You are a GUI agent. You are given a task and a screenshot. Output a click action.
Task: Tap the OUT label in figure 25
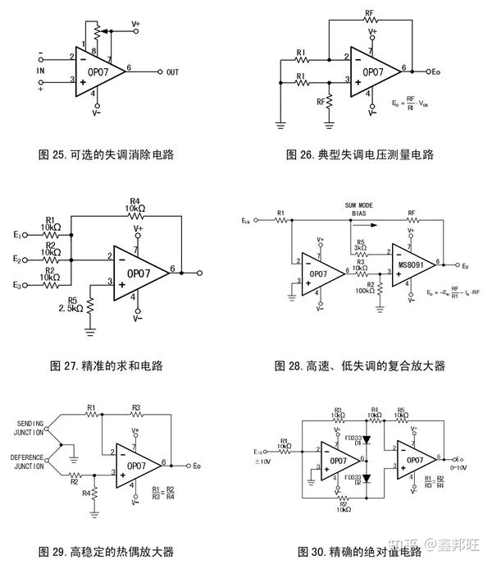(171, 71)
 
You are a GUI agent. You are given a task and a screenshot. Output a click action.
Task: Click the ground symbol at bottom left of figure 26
(280, 123)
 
